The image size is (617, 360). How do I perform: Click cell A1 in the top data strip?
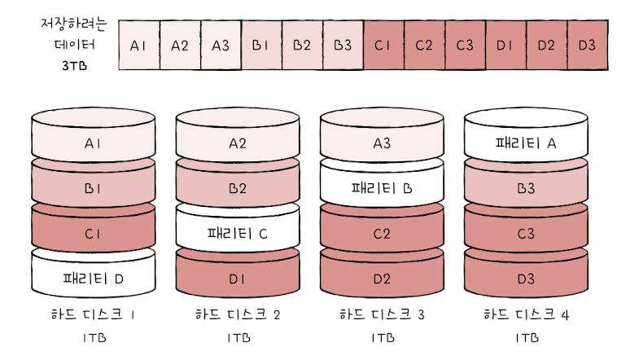138,44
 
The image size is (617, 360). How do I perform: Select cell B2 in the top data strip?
302,44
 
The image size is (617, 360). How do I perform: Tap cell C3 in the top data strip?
465,44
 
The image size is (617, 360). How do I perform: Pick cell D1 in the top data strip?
505,44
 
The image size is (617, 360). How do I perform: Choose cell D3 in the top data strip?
587,44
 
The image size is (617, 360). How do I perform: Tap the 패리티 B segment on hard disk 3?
382,189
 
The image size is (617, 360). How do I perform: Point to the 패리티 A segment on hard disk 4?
525,144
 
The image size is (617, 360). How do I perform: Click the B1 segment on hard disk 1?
93,189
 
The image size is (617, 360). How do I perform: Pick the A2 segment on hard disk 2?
238,144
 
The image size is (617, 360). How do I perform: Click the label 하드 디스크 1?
94,314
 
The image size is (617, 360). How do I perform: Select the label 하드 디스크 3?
382,314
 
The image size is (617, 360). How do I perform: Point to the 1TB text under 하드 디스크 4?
525,337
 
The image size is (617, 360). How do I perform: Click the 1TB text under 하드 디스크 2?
238,337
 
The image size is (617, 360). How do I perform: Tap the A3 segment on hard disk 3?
382,144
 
